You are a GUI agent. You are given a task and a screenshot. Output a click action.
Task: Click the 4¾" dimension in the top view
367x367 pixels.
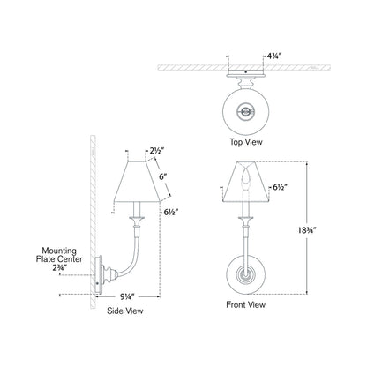[274, 56]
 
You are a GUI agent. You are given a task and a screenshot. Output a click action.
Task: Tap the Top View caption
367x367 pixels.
[246, 142]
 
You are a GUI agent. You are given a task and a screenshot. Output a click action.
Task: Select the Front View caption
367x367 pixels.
[246, 304]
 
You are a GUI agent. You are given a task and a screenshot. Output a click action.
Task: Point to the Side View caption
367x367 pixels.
[125, 311]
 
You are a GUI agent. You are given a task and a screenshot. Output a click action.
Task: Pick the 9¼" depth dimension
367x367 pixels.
[127, 296]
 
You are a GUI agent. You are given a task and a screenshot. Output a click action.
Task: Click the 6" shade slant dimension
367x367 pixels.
[162, 177]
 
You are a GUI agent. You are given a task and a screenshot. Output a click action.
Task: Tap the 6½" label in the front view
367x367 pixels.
[280, 187]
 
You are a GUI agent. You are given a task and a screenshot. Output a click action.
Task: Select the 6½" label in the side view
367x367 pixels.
[171, 212]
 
